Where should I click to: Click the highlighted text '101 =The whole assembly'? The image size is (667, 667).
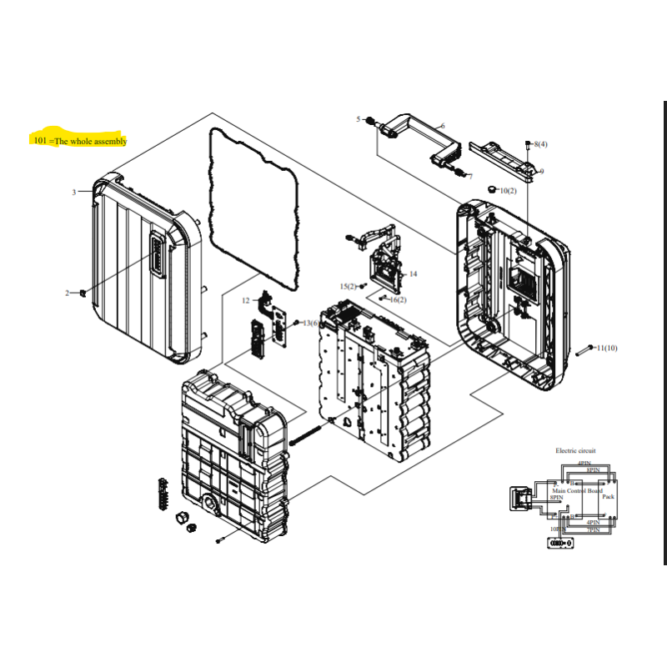pyautogui.click(x=80, y=141)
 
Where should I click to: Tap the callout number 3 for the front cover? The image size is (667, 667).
pyautogui.click(x=73, y=193)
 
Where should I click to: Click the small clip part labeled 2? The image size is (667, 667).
pyautogui.click(x=84, y=293)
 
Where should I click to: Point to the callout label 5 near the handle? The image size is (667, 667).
pyautogui.click(x=359, y=120)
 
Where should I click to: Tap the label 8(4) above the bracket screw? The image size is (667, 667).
pyautogui.click(x=540, y=144)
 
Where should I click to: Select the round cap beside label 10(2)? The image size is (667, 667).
pyautogui.click(x=490, y=190)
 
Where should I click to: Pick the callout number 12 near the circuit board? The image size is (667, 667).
pyautogui.click(x=246, y=299)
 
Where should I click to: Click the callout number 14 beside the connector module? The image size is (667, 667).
pyautogui.click(x=413, y=273)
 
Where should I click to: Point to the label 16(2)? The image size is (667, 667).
pyautogui.click(x=398, y=299)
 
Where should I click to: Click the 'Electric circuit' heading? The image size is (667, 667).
pyautogui.click(x=575, y=450)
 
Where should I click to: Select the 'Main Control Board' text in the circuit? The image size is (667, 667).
pyautogui.click(x=577, y=491)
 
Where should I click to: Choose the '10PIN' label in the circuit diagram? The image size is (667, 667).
pyautogui.click(x=554, y=529)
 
